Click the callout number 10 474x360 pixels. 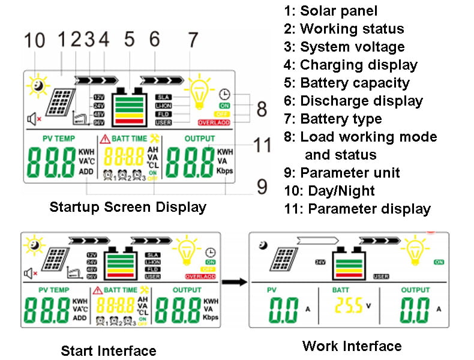[x=35, y=41]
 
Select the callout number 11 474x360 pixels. [x=262, y=145]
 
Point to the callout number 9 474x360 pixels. [x=262, y=187]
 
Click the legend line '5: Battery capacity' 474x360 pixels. [x=355, y=83]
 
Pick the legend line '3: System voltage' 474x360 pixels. [x=352, y=47]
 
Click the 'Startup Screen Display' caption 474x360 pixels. [x=128, y=208]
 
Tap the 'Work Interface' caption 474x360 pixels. [x=352, y=346]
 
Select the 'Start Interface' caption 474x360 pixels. [x=109, y=350]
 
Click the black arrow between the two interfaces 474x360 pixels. [x=235, y=281]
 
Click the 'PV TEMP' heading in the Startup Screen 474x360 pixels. [x=59, y=139]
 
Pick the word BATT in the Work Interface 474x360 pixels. [x=340, y=290]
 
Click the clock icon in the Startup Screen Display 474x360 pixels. [x=224, y=94]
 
